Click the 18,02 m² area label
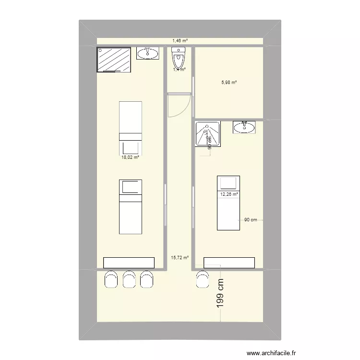click(x=130, y=157)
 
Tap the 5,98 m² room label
click(x=229, y=83)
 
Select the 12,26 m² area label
click(x=229, y=194)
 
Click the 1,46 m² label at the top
click(x=180, y=41)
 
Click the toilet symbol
click(x=179, y=59)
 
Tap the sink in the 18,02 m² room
click(x=147, y=53)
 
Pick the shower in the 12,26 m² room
click(x=207, y=133)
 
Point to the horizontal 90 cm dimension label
click(x=251, y=220)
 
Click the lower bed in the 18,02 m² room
click(x=130, y=206)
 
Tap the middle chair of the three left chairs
click(x=129, y=279)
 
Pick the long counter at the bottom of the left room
click(x=129, y=263)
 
